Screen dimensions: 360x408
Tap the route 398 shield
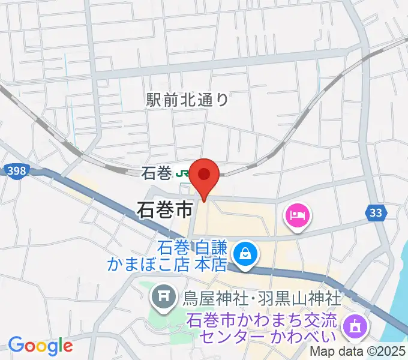[x=17, y=171]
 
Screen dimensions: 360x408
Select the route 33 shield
[x=375, y=212]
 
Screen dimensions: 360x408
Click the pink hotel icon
[x=298, y=215]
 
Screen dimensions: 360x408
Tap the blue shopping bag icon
[x=245, y=254]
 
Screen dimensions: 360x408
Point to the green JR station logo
[x=182, y=174]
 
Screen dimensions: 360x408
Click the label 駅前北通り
[x=188, y=100]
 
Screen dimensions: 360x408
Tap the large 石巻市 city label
[x=165, y=210]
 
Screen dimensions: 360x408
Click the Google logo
[x=40, y=346]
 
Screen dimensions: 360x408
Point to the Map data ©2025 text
[x=358, y=352]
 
